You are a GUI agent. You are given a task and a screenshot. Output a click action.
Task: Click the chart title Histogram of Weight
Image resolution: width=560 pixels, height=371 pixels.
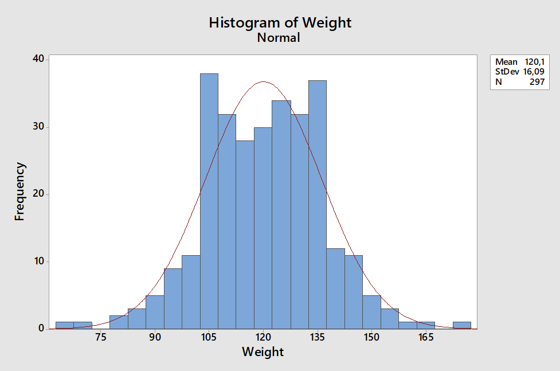coord(280,22)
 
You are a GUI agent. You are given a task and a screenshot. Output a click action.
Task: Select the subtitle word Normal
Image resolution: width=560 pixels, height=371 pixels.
coord(279,38)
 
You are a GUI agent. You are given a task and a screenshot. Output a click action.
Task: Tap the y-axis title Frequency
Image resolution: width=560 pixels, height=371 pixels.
coord(19,192)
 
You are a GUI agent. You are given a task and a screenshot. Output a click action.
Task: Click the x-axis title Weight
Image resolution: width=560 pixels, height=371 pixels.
coord(263,352)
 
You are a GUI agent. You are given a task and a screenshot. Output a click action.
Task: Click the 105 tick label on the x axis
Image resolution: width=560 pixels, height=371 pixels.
coord(209,337)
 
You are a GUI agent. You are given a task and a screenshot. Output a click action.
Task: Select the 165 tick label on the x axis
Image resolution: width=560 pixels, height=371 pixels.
coord(425,337)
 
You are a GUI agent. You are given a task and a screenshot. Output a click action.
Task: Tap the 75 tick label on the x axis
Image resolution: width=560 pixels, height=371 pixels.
coord(100,337)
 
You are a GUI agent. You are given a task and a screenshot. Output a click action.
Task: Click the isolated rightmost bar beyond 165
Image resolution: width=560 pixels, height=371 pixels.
coord(461,325)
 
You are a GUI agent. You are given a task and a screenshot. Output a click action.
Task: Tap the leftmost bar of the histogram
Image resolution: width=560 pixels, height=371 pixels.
coord(64,325)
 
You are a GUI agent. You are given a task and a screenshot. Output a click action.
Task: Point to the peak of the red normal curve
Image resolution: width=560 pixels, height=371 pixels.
coord(263,82)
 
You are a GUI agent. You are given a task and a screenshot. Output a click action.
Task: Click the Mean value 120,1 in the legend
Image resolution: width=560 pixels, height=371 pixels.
coord(534,62)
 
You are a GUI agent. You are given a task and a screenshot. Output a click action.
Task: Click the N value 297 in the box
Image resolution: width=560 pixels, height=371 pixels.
coord(537,81)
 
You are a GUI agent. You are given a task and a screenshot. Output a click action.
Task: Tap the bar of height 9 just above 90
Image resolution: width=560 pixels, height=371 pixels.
coord(173,298)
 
